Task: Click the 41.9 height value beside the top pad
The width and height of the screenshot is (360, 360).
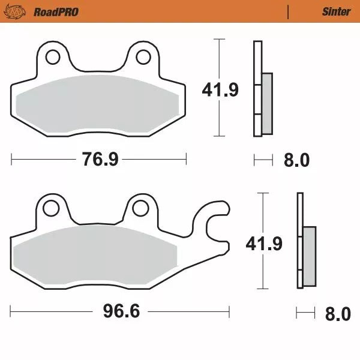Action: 220,90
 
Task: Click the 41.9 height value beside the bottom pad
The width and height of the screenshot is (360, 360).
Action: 263,243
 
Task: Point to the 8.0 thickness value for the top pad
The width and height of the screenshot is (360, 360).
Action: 296,160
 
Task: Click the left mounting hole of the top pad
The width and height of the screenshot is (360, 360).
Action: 52,57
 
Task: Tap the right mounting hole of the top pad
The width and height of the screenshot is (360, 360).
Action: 143,57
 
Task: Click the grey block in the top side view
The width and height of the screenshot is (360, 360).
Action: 267,103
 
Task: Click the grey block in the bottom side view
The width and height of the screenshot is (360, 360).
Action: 309,255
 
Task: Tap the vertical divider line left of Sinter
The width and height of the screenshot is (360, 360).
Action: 289,11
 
